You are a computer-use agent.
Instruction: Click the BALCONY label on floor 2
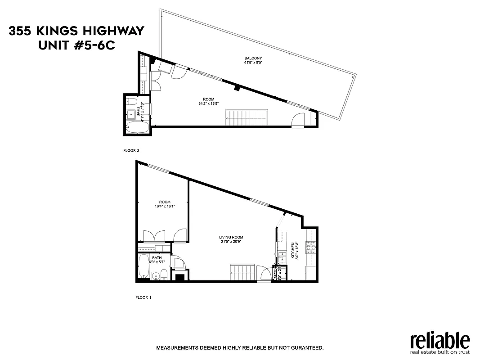[253, 58]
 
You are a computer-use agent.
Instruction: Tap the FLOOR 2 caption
[131, 151]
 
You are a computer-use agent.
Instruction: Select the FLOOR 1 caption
[144, 297]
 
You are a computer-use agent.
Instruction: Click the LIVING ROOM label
[231, 237]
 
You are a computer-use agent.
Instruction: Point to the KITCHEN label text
[293, 251]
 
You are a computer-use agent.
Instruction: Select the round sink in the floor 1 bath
[156, 275]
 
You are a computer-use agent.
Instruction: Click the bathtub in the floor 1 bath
[144, 267]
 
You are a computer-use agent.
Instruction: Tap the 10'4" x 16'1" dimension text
[164, 207]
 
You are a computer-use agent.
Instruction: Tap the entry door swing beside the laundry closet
[265, 274]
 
